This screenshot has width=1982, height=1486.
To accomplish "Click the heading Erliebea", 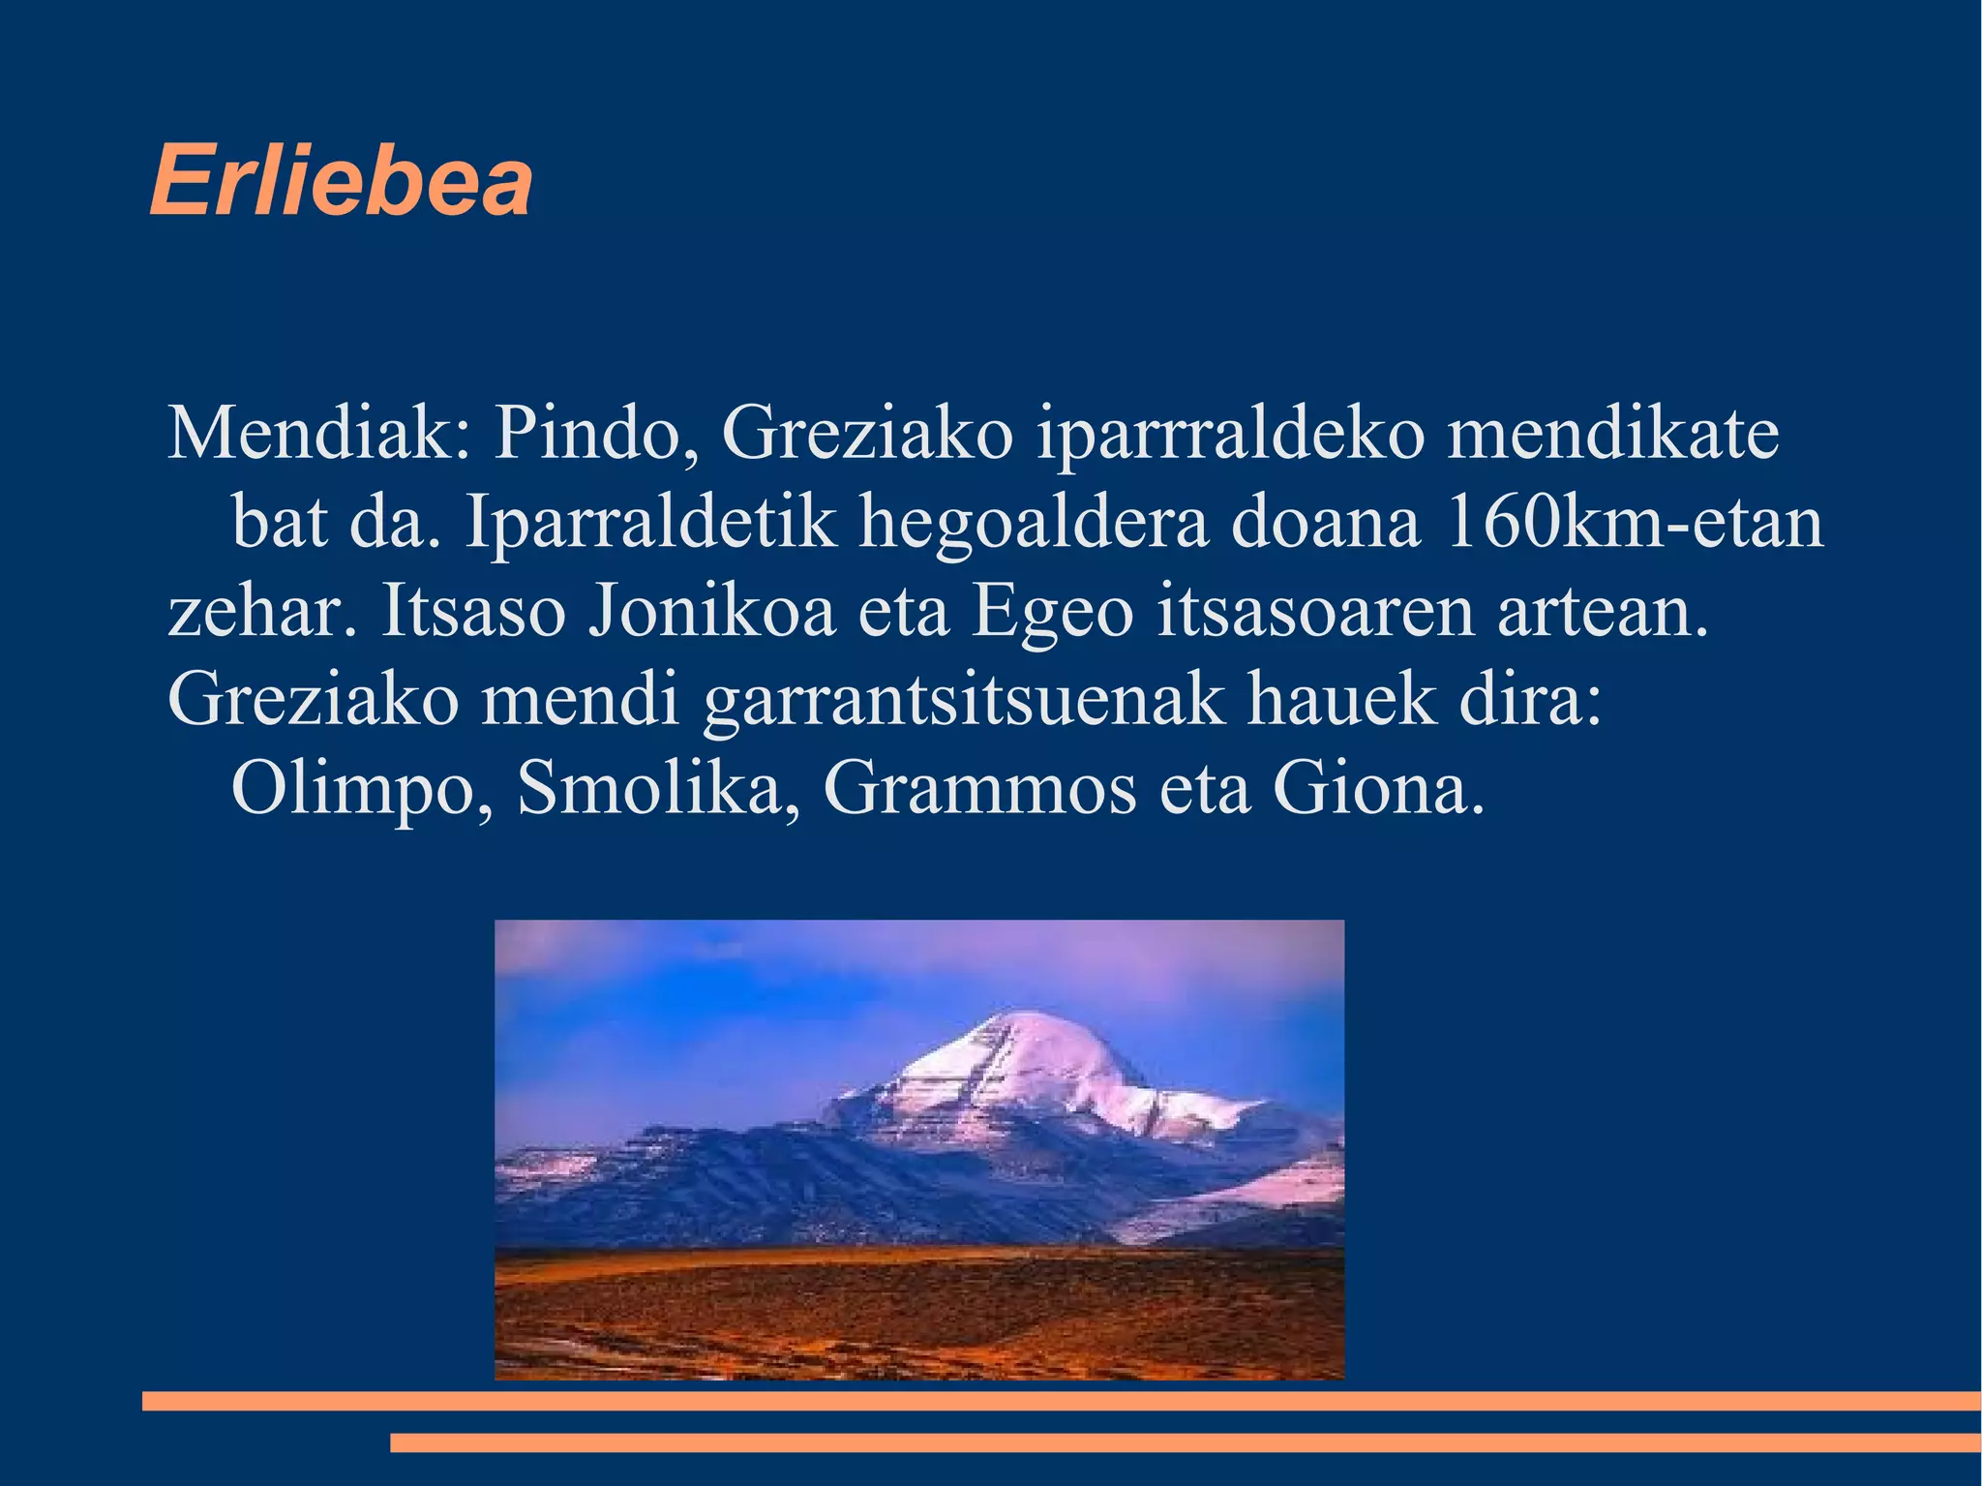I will pos(341,181).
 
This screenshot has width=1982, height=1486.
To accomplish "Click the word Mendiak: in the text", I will pos(319,433).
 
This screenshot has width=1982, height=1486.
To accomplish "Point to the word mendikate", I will pos(1612,433).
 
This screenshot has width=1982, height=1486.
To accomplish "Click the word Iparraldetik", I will pos(650,524).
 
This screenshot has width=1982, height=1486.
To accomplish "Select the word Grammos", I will pos(978,789).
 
